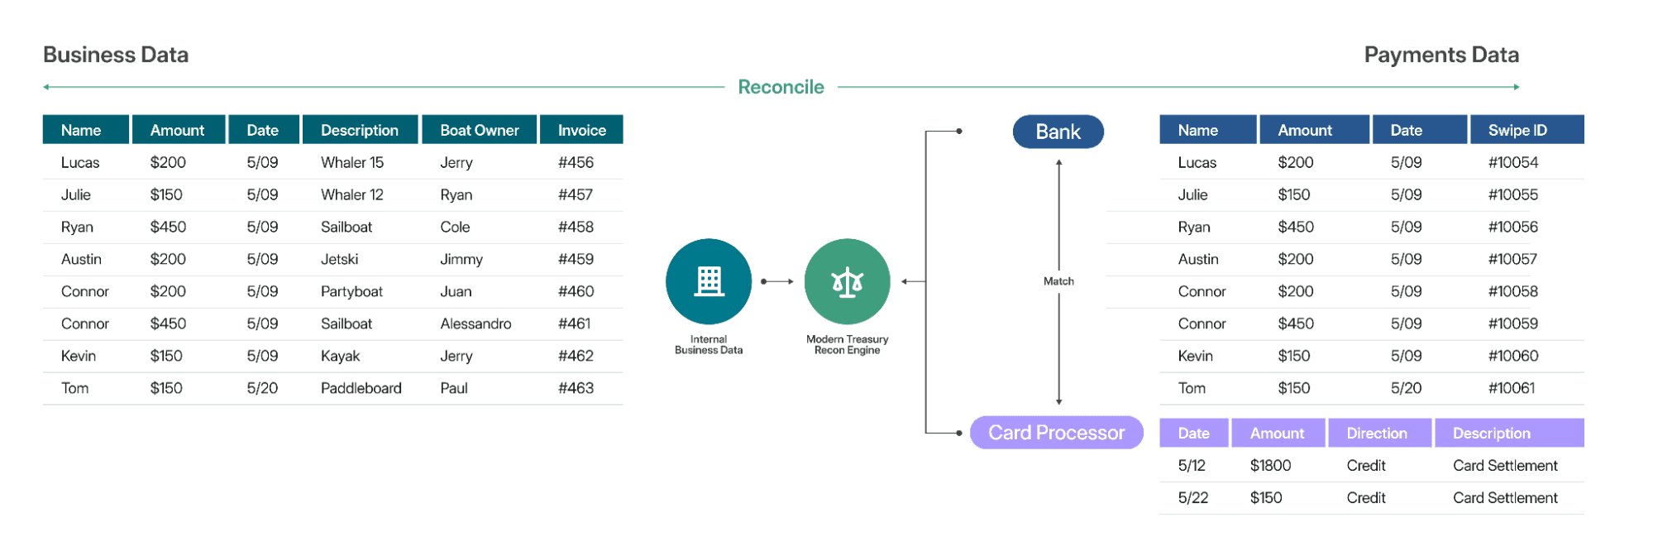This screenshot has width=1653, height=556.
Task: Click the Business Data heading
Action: click(116, 55)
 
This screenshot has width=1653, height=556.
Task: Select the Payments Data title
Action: click(1440, 55)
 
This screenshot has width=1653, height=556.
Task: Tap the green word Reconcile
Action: click(781, 87)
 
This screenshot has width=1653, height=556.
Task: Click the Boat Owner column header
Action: click(479, 130)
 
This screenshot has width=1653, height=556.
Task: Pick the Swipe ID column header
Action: click(1517, 130)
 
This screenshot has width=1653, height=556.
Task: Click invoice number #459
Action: click(576, 259)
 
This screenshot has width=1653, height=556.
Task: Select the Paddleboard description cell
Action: click(361, 388)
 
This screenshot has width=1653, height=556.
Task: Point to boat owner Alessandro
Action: click(475, 324)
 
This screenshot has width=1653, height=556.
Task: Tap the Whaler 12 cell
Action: click(351, 194)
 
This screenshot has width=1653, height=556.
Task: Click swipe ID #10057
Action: click(1512, 259)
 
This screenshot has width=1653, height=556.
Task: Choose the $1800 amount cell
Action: click(1270, 466)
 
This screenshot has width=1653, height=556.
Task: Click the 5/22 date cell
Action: click(1192, 498)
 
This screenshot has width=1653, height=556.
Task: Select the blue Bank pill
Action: click(1058, 132)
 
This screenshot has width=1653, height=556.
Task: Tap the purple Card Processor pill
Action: click(1056, 433)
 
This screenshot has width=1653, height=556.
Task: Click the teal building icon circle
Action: click(709, 281)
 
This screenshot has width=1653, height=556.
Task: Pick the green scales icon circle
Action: click(847, 281)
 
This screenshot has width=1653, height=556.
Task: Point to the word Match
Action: click(1058, 281)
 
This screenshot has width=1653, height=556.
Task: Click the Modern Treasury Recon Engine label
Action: click(847, 345)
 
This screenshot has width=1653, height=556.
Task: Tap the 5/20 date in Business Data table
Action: click(262, 388)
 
